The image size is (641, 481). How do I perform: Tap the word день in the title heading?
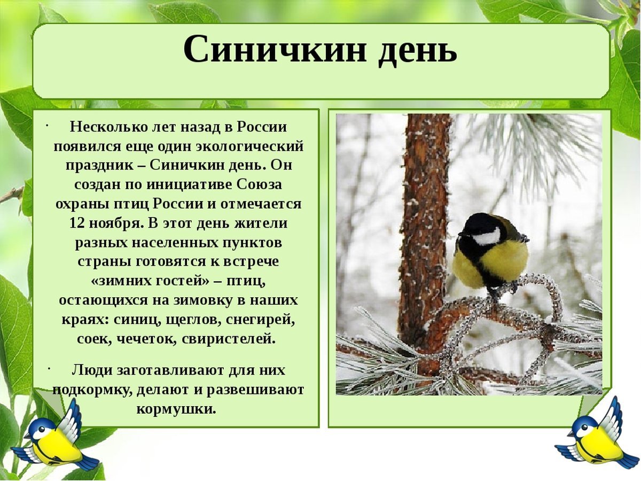click(x=418, y=50)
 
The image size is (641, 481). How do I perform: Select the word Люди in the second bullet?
click(x=88, y=370)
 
